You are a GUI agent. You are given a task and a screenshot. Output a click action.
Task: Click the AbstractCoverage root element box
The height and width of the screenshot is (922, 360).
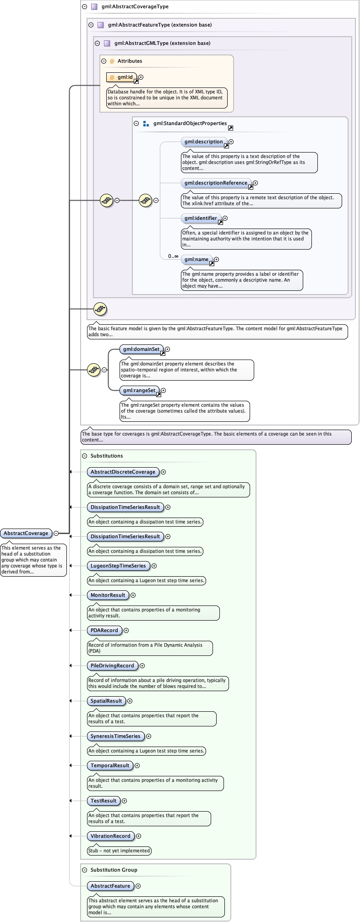[26, 533]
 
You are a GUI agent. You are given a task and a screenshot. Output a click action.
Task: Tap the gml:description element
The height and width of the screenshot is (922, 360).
[203, 142]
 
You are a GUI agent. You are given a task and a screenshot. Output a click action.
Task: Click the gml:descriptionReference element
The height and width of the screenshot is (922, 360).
[216, 183]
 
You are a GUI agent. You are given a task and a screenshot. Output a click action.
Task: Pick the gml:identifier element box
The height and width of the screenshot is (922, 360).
[201, 218]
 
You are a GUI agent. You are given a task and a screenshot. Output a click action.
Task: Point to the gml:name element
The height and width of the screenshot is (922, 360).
[196, 260]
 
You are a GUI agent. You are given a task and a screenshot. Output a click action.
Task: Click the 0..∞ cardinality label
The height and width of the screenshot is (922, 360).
[173, 256]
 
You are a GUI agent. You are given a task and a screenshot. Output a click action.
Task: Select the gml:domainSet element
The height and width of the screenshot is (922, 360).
[140, 349]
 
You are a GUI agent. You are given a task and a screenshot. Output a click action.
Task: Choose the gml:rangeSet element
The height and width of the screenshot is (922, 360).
[138, 391]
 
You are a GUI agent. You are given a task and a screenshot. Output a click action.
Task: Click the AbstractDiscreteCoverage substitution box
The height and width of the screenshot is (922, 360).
[123, 472]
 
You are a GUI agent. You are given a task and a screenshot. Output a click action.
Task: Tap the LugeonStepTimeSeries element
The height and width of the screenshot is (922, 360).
[118, 566]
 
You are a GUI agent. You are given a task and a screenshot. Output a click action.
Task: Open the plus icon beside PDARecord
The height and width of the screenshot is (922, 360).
[126, 631]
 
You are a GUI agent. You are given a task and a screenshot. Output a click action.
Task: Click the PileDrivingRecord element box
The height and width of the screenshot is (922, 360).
[112, 666]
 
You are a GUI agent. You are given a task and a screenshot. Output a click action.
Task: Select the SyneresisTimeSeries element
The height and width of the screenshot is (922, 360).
[115, 737]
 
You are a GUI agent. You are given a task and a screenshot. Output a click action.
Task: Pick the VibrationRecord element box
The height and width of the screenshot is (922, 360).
[110, 836]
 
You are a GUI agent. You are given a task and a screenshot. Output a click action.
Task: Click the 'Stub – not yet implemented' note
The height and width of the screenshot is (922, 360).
[119, 851]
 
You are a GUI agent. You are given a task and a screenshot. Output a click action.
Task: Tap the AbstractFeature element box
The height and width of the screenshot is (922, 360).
[110, 886]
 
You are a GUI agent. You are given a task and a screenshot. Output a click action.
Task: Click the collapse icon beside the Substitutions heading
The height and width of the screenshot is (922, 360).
[84, 456]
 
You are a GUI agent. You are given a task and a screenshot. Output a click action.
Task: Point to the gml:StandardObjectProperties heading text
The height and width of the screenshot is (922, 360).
[190, 124]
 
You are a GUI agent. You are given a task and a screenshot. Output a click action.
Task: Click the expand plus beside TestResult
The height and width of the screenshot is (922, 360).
[125, 801]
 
